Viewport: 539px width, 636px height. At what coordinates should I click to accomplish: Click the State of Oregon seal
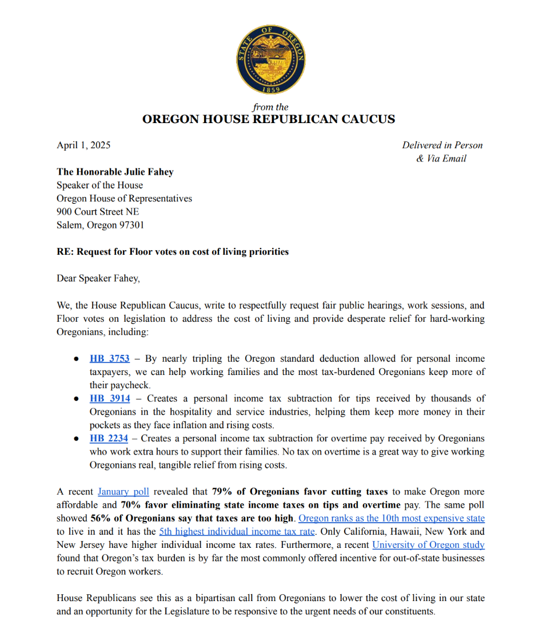coord(270,60)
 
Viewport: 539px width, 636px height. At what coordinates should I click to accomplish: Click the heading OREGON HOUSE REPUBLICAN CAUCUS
coord(269,120)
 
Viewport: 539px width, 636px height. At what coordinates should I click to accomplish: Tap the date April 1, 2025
coord(83,145)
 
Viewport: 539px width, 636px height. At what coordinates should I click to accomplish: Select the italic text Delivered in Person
coord(442,145)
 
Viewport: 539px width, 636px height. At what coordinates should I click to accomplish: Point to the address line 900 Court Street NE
coord(98,212)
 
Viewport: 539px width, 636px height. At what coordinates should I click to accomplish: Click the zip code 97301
coord(131,225)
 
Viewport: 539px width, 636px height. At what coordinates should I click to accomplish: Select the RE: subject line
coord(173,252)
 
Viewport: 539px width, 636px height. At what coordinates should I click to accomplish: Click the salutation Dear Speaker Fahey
coord(98,278)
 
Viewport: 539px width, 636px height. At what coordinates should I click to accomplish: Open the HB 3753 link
coord(110,359)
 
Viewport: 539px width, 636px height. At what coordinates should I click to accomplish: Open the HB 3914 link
coord(110,398)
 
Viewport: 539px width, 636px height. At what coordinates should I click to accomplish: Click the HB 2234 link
coord(110,439)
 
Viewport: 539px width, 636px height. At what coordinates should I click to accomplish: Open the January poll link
coord(123,492)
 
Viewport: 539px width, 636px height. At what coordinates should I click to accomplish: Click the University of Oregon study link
coord(428,545)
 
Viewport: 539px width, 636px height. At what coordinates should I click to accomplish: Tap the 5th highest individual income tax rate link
coord(237,532)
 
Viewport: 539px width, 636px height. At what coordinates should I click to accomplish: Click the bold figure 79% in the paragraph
coord(221,492)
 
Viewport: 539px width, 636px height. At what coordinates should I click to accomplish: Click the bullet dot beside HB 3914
coord(76,399)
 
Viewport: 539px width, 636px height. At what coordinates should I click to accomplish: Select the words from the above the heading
coord(270,107)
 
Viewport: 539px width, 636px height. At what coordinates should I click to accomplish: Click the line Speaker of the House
coord(100,185)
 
